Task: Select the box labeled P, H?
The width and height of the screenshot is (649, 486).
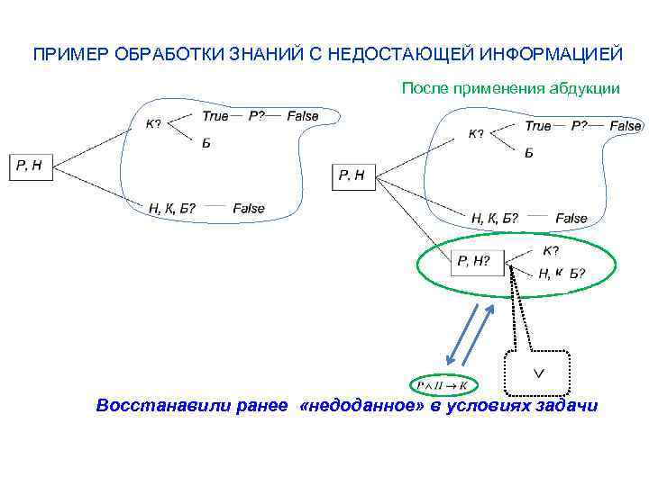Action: [475, 262]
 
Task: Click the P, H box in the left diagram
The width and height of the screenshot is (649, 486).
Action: [32, 166]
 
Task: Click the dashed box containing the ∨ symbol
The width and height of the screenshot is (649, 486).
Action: [538, 372]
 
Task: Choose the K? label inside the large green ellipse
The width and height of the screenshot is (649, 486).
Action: [551, 250]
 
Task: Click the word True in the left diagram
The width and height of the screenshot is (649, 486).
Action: [215, 115]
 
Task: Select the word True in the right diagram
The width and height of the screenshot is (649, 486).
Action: [538, 126]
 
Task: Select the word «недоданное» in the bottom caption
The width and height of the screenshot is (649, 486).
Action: [361, 406]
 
